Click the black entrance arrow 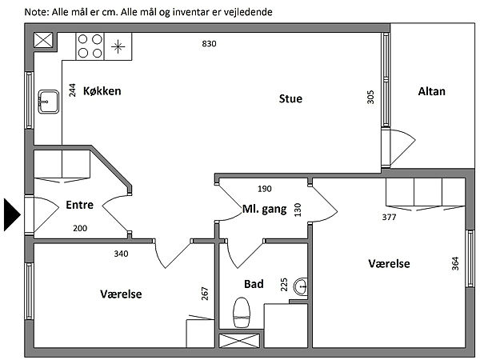[x=11, y=214]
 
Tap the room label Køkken [x=102, y=91]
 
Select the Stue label [x=290, y=98]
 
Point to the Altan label [x=432, y=91]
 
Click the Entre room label [x=79, y=205]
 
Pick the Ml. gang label [x=265, y=210]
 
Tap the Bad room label [x=254, y=284]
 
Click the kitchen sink [x=48, y=102]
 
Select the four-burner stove [x=90, y=46]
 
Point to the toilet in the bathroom [x=242, y=313]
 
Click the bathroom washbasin [x=301, y=286]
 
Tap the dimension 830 [x=209, y=44]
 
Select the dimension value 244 [x=72, y=90]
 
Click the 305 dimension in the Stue [x=370, y=97]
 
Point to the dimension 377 [x=389, y=217]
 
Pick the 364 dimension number [x=455, y=263]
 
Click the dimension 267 [x=205, y=294]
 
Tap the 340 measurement [x=122, y=254]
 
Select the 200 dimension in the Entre [x=80, y=228]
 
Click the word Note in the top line [x=37, y=12]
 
